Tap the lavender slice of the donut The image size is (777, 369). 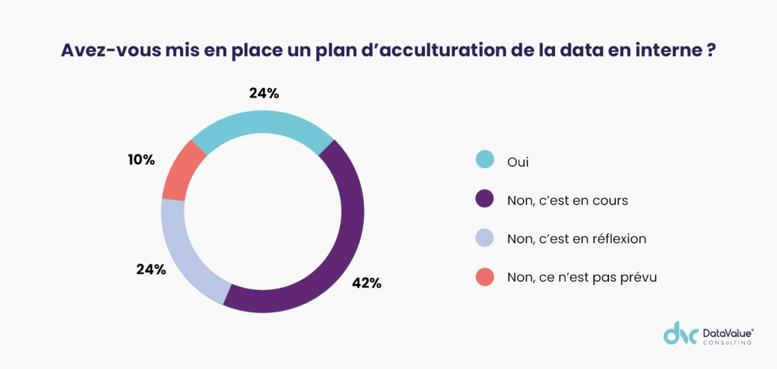tap(183, 251)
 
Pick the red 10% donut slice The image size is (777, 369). tap(182, 170)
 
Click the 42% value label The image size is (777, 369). tap(367, 283)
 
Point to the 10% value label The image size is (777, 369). tap(140, 159)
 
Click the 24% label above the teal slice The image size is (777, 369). tap(264, 93)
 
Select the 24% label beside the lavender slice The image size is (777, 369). tap(151, 269)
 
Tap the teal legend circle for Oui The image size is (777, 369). tap(485, 160)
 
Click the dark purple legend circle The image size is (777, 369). tap(485, 199)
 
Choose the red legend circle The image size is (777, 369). tap(485, 277)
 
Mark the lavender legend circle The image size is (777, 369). tap(485, 238)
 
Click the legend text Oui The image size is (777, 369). tap(518, 161)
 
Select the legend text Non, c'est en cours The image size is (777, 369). tap(567, 200)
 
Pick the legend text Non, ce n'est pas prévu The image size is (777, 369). tap(581, 278)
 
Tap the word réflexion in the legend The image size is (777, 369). tap(619, 239)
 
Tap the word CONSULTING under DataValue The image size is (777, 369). tap(727, 342)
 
